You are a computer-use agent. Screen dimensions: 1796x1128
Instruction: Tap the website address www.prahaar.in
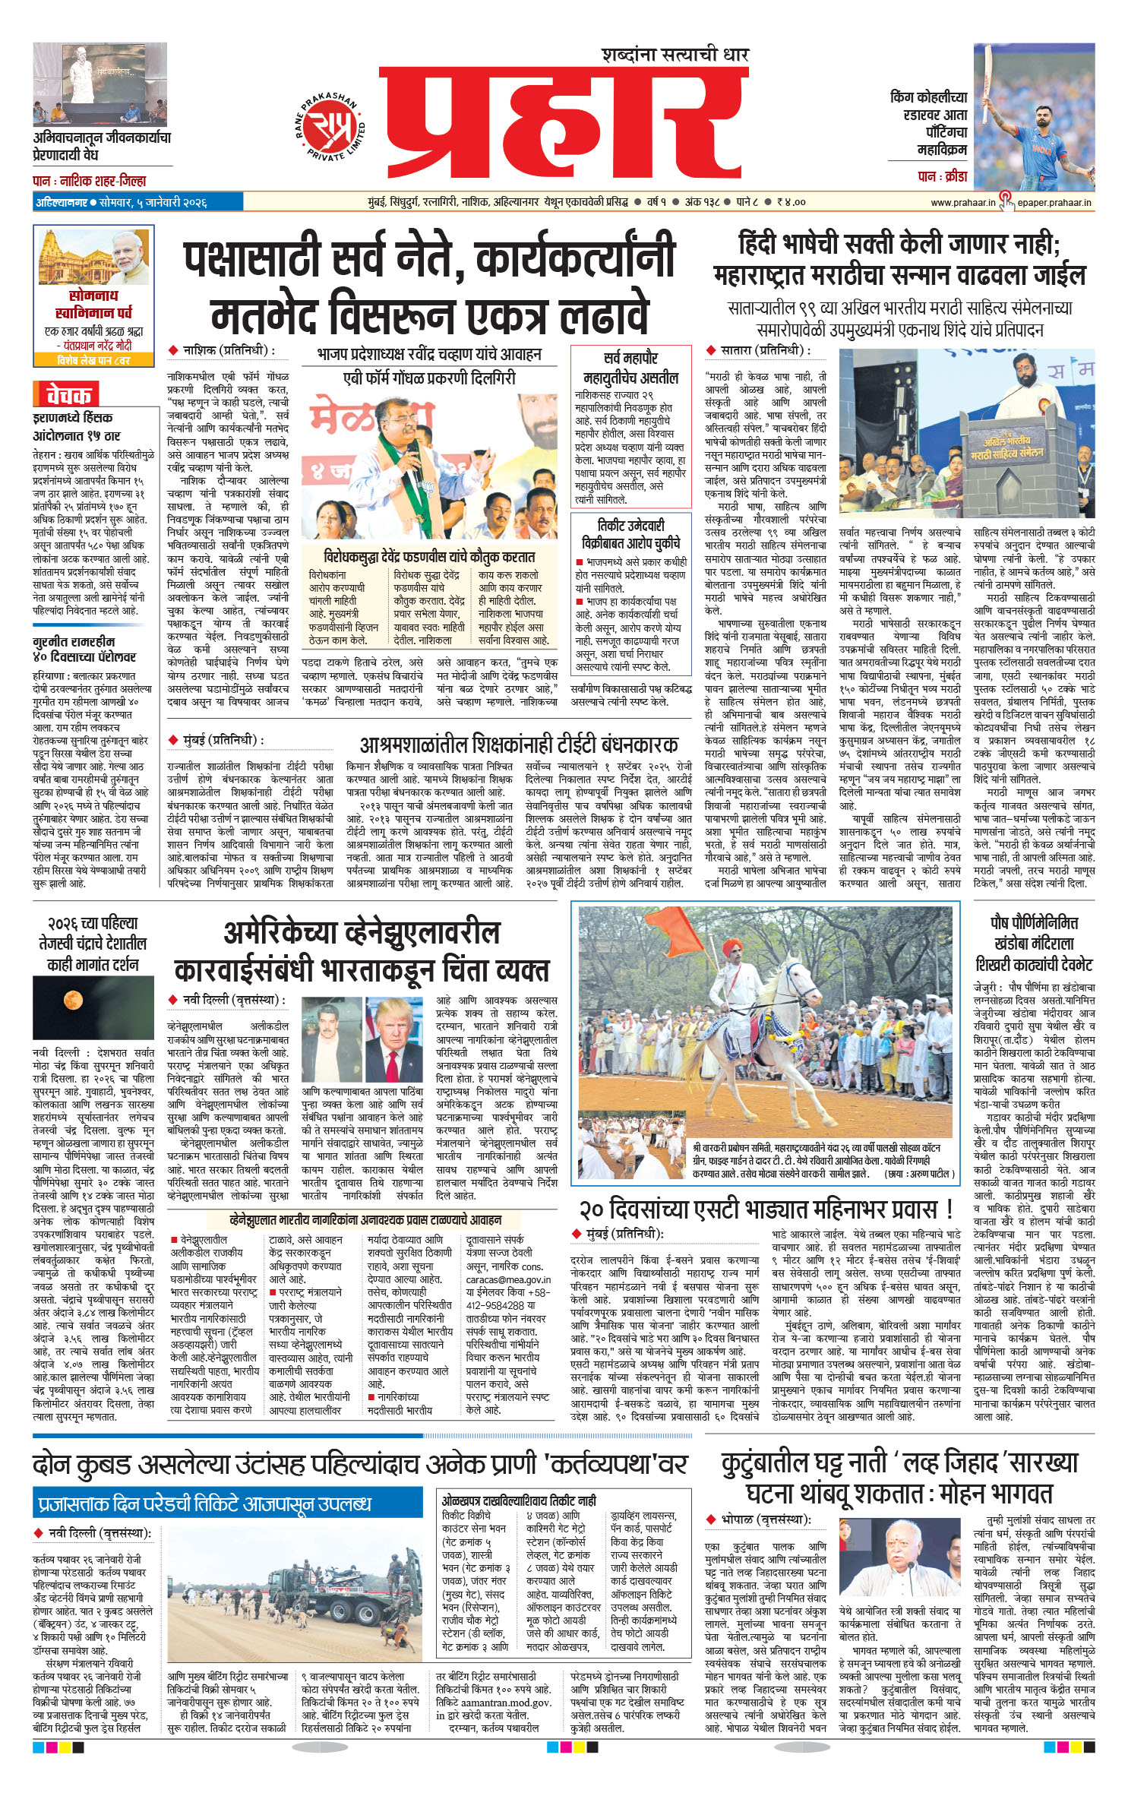(x=962, y=202)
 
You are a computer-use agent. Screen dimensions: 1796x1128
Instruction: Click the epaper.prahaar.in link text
(x=1054, y=202)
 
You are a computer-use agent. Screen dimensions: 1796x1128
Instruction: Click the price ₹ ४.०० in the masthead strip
(x=791, y=202)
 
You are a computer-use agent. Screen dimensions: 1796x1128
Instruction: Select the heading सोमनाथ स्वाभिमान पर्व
(x=93, y=303)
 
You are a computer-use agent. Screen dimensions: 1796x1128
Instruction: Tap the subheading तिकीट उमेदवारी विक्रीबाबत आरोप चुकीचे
(x=630, y=533)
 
